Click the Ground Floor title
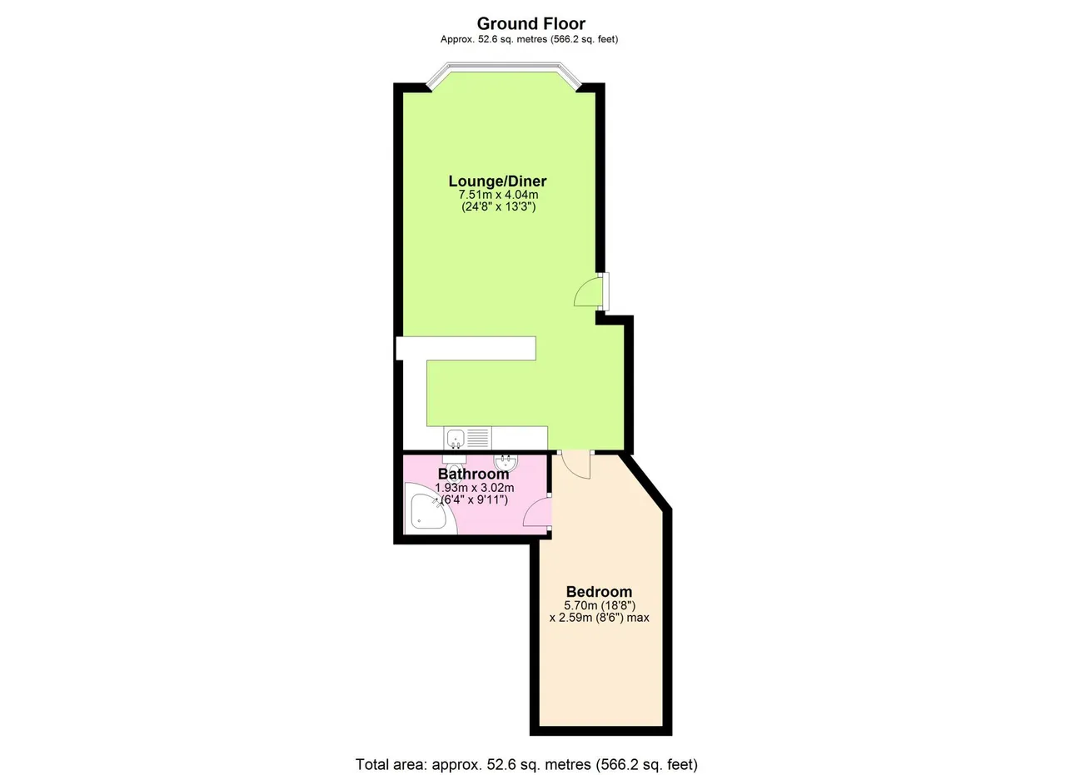(x=531, y=23)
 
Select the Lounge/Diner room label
(x=497, y=181)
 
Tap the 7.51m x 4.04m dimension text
(x=498, y=195)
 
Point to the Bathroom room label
(x=473, y=474)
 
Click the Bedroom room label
(x=599, y=591)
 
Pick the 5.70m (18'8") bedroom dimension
(x=600, y=606)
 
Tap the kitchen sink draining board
(x=477, y=438)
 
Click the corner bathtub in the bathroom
(x=428, y=512)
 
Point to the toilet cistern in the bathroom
(x=455, y=459)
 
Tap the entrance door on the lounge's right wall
(x=590, y=291)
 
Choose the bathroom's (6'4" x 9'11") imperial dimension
(x=475, y=499)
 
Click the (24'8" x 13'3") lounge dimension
(x=499, y=207)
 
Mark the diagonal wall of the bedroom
(x=645, y=480)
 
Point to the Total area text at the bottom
(x=526, y=751)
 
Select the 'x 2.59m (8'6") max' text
(x=599, y=618)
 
